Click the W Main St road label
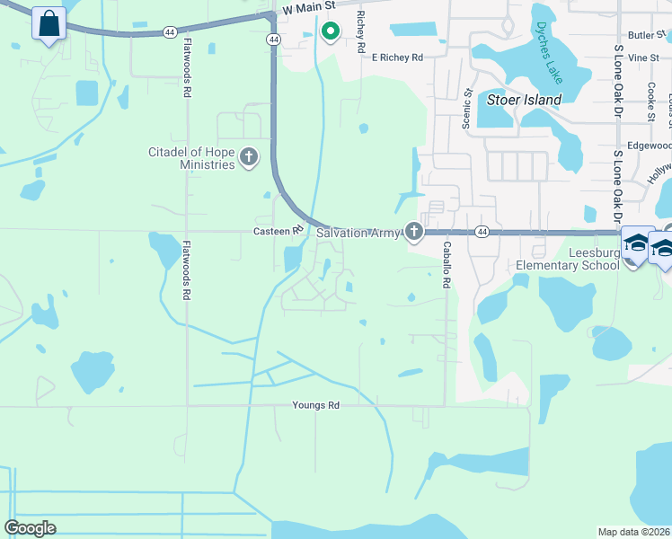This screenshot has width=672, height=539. coord(308,8)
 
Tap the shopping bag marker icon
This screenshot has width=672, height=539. coord(49,23)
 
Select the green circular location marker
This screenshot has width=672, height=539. coord(330,32)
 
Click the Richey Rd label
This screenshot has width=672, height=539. coord(361,31)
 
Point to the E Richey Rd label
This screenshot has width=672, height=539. coord(397,57)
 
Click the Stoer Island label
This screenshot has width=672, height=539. coord(524,100)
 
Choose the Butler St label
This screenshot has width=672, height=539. coord(644,36)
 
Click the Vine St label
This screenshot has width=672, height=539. coord(644,57)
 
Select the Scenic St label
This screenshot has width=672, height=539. coord(467,109)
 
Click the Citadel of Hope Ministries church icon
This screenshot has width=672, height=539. coord(249,158)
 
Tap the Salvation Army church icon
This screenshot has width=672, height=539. coord(413,233)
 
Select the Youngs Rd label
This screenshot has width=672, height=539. coord(316,405)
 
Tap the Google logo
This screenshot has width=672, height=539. coord(30,528)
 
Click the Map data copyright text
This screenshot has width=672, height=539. coord(633,532)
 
